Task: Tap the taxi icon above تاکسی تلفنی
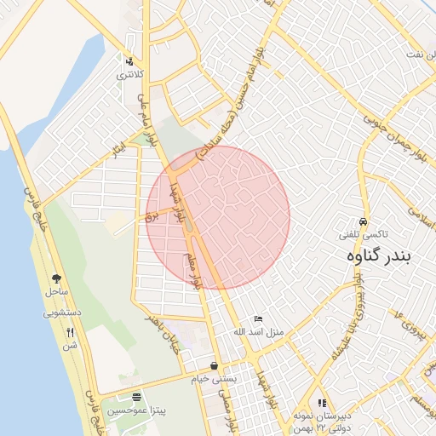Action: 364,221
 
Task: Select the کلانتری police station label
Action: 129,75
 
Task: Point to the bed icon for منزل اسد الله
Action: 259,318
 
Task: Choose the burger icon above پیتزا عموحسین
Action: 137,398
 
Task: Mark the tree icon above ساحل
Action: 57,278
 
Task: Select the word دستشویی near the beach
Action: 62,313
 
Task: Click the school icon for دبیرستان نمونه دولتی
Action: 322,403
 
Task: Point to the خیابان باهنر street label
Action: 162,324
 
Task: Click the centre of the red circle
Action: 218,217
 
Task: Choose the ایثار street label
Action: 117,151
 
